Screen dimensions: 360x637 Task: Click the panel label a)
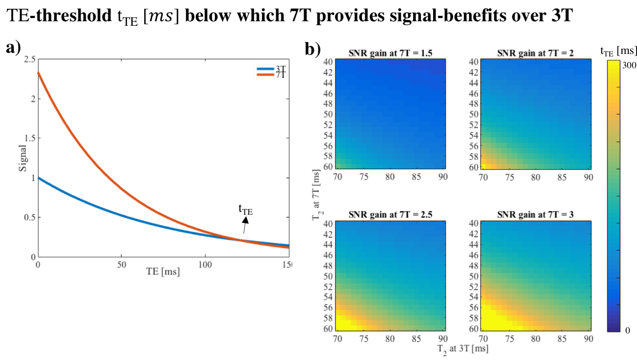tap(13, 48)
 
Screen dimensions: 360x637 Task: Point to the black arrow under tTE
tap(245, 225)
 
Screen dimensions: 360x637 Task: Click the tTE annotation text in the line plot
tap(245, 210)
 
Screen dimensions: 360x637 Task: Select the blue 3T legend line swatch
tap(265, 69)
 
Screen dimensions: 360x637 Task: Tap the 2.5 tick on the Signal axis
tap(30, 59)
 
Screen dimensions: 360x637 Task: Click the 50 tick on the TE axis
tap(122, 265)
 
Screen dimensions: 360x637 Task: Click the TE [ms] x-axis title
tap(163, 271)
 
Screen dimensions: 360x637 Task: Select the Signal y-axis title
tap(23, 158)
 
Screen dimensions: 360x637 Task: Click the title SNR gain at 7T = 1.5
tap(390, 53)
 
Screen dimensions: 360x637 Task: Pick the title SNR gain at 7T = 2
tap(535, 53)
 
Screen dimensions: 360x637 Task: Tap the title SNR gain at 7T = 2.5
tap(390, 214)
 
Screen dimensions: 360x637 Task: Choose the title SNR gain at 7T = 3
tap(535, 214)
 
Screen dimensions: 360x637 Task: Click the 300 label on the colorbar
tap(629, 65)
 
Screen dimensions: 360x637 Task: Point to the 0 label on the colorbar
tap(628, 330)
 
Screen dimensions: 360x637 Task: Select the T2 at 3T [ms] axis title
tap(463, 349)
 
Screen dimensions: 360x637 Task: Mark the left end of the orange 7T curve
tap(38, 73)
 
